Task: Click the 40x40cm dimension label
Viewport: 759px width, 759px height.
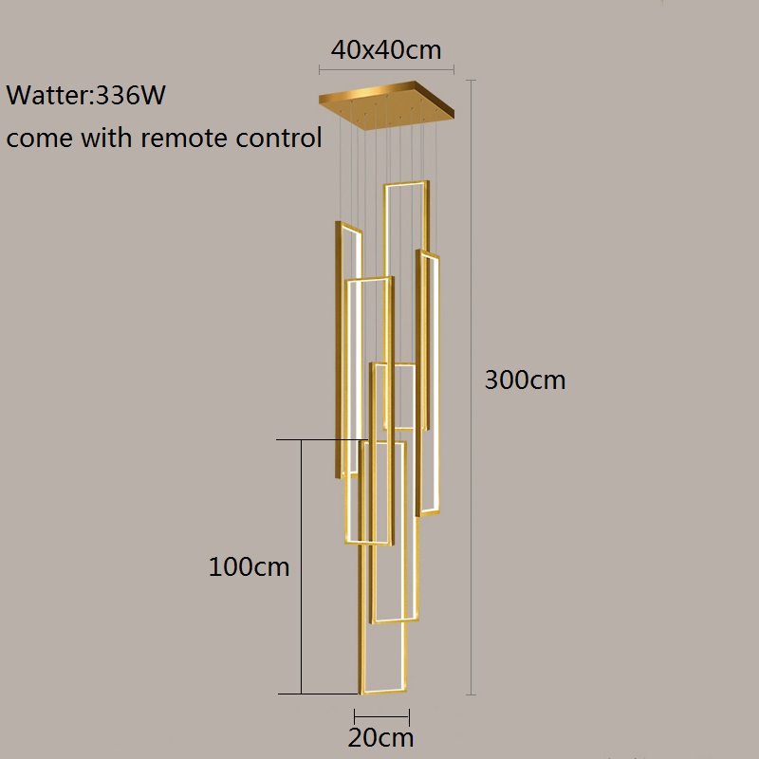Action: [x=386, y=49]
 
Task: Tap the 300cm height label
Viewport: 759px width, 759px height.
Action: [x=525, y=380]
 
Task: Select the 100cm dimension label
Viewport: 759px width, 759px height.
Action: [x=249, y=567]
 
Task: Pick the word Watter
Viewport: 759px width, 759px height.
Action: [x=46, y=96]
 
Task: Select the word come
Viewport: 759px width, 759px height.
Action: [x=38, y=139]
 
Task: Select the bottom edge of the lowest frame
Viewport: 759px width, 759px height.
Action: [x=383, y=693]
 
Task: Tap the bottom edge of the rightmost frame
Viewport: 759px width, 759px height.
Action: [x=430, y=511]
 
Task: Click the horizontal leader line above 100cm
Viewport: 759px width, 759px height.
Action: [x=323, y=439]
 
